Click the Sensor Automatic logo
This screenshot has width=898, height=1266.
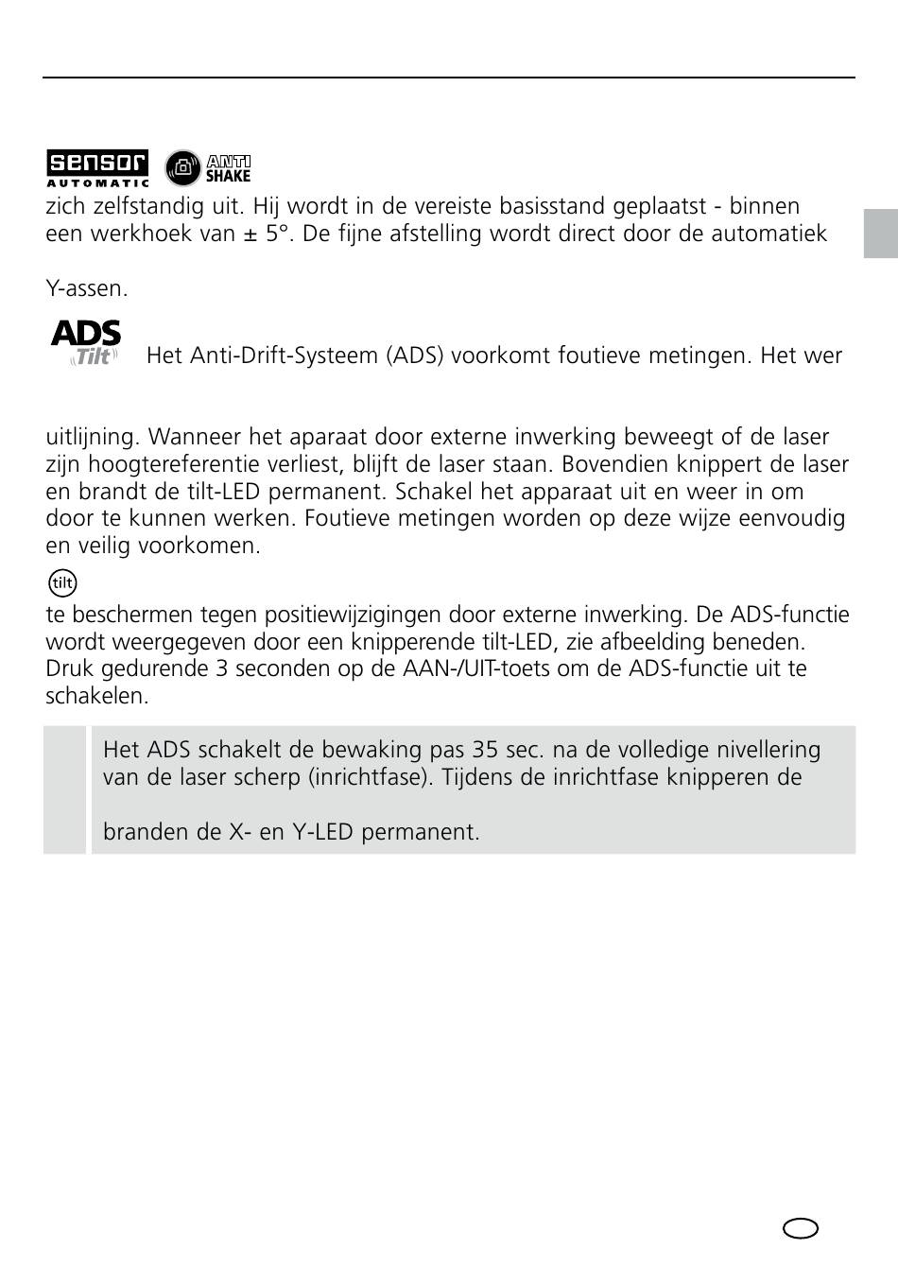98,168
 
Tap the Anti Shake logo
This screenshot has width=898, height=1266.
208,167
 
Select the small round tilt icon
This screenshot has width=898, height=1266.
62,582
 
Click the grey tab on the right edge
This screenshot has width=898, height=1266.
880,234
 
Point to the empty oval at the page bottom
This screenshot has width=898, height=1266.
801,1227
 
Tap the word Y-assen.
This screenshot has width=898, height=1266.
87,288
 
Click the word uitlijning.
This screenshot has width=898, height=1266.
92,437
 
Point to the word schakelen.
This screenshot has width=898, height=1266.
97,696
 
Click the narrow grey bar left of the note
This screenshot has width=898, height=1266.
64,789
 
